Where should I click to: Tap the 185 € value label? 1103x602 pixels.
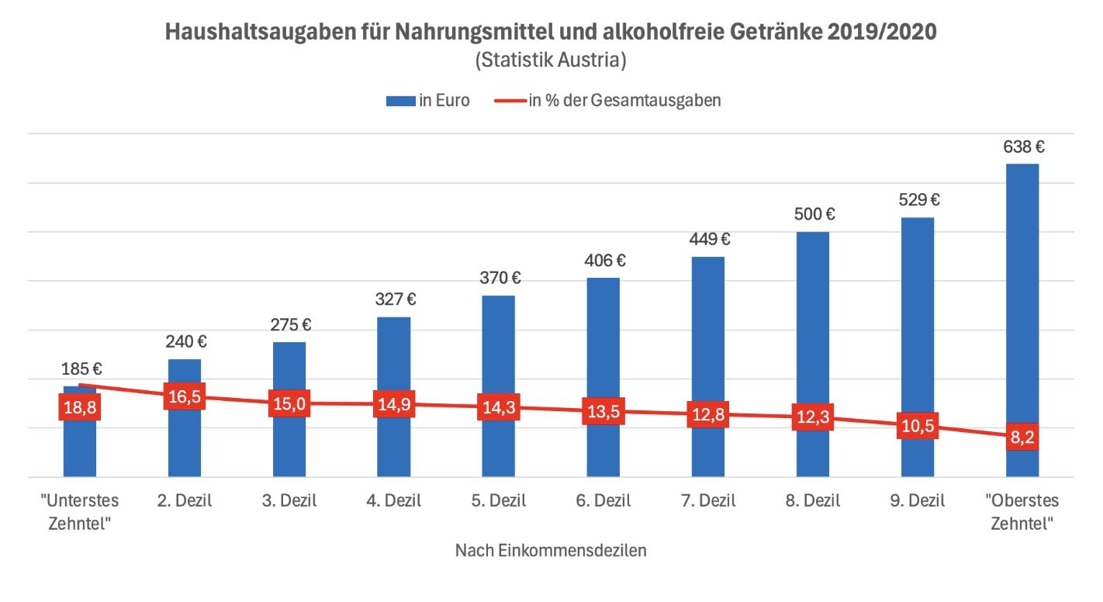[x=81, y=369]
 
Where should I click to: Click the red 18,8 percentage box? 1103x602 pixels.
[x=79, y=407]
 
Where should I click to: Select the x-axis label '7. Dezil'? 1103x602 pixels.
[x=707, y=500]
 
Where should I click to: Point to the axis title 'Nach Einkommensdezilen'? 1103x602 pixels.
[x=551, y=551]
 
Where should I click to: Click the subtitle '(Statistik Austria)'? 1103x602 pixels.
[x=551, y=60]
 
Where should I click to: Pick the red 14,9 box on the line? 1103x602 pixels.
[x=393, y=404]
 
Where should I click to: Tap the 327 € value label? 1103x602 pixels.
[x=393, y=299]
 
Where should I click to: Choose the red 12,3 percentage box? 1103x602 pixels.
[x=812, y=417]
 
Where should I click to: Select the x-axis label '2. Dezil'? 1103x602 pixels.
[x=184, y=500]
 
